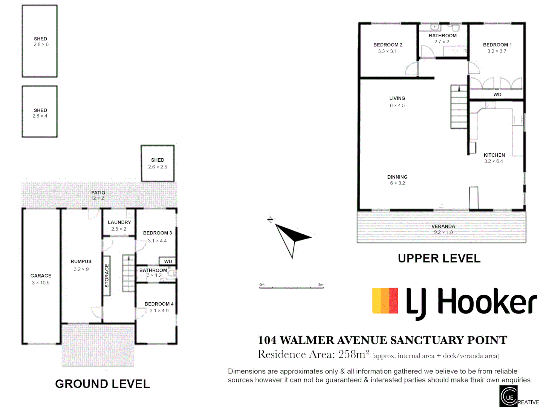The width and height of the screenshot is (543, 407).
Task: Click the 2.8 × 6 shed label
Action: (x=41, y=42)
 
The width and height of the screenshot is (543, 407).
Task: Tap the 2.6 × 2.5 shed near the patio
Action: (x=158, y=164)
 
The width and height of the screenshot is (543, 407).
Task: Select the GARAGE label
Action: (x=41, y=276)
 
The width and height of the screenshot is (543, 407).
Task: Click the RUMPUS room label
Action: (x=81, y=262)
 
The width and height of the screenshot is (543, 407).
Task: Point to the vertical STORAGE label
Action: (x=107, y=275)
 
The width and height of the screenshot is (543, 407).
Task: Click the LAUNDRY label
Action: (x=119, y=222)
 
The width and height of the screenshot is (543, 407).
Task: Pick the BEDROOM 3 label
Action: (x=158, y=233)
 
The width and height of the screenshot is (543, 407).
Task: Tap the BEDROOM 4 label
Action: (x=159, y=304)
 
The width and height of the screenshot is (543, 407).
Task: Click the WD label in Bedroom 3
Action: (x=168, y=261)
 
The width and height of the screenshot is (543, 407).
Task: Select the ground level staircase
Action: (x=128, y=273)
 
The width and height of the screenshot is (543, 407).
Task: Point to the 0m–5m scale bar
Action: (x=291, y=287)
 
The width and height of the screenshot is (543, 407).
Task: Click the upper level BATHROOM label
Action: (x=442, y=36)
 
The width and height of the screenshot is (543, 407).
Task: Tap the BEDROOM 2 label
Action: (x=388, y=45)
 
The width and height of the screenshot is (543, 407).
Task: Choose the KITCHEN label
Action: (x=494, y=155)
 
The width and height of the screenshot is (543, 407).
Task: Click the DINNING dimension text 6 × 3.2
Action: (x=398, y=183)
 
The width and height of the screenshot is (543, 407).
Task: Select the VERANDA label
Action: (x=443, y=226)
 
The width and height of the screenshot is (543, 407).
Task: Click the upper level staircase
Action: (x=459, y=107)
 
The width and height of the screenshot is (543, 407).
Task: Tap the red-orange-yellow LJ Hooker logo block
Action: (x=385, y=301)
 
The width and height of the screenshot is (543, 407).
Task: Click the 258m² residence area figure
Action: (x=353, y=354)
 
